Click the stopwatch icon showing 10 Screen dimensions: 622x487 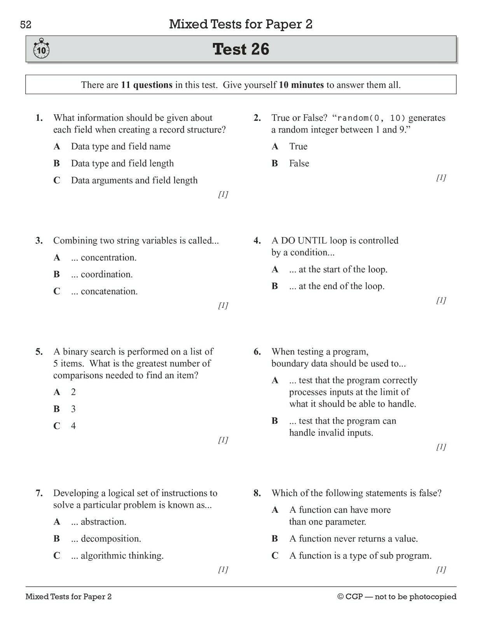[x=41, y=49]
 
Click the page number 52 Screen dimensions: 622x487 [x=26, y=25]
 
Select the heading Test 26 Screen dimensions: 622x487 [x=241, y=49]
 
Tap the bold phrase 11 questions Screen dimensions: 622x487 [x=147, y=85]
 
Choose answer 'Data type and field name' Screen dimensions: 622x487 [x=120, y=147]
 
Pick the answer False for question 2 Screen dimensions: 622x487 [x=299, y=163]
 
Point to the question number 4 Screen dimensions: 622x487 [x=257, y=241]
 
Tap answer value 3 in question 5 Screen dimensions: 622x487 [x=73, y=409]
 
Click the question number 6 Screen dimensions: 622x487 [x=257, y=352]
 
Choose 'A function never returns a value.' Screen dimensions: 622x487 [x=353, y=539]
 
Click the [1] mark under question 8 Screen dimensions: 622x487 [x=441, y=570]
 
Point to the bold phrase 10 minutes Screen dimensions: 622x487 [x=301, y=85]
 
